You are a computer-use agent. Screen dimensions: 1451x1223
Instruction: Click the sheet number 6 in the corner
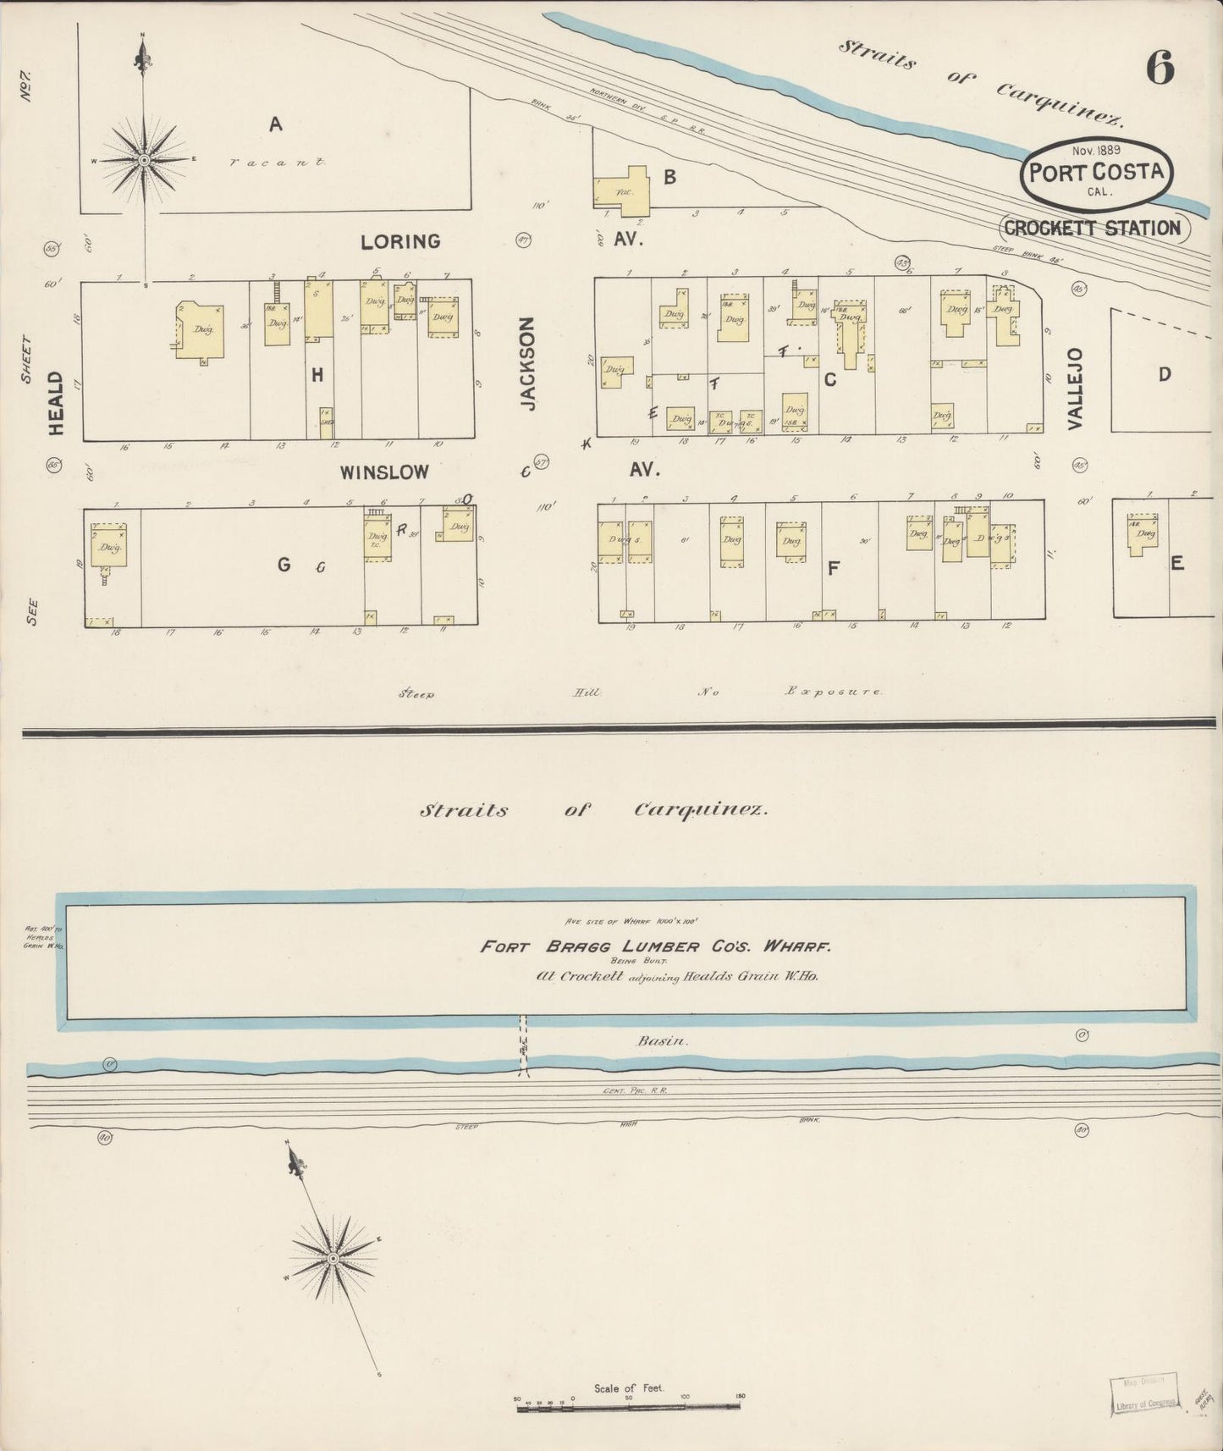pyautogui.click(x=1160, y=68)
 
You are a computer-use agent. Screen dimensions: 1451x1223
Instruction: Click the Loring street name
pyautogui.click(x=400, y=241)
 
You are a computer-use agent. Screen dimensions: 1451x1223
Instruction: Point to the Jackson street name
pyautogui.click(x=529, y=364)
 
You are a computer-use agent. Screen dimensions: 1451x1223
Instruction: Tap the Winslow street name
pyautogui.click(x=385, y=472)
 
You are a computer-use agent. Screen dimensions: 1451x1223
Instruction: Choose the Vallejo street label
pyautogui.click(x=1076, y=389)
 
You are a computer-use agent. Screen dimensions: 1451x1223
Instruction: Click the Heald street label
pyautogui.click(x=57, y=403)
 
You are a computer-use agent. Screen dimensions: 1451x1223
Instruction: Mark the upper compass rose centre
pyautogui.click(x=144, y=159)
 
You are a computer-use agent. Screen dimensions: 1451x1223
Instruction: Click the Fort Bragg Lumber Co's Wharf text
pyautogui.click(x=656, y=947)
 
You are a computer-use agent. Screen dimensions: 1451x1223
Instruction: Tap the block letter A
pyautogui.click(x=275, y=125)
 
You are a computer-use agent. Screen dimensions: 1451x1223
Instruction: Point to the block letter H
pyautogui.click(x=317, y=374)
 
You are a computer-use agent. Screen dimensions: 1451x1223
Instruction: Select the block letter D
pyautogui.click(x=1165, y=373)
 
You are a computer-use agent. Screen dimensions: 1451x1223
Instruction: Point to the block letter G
pyautogui.click(x=284, y=566)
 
